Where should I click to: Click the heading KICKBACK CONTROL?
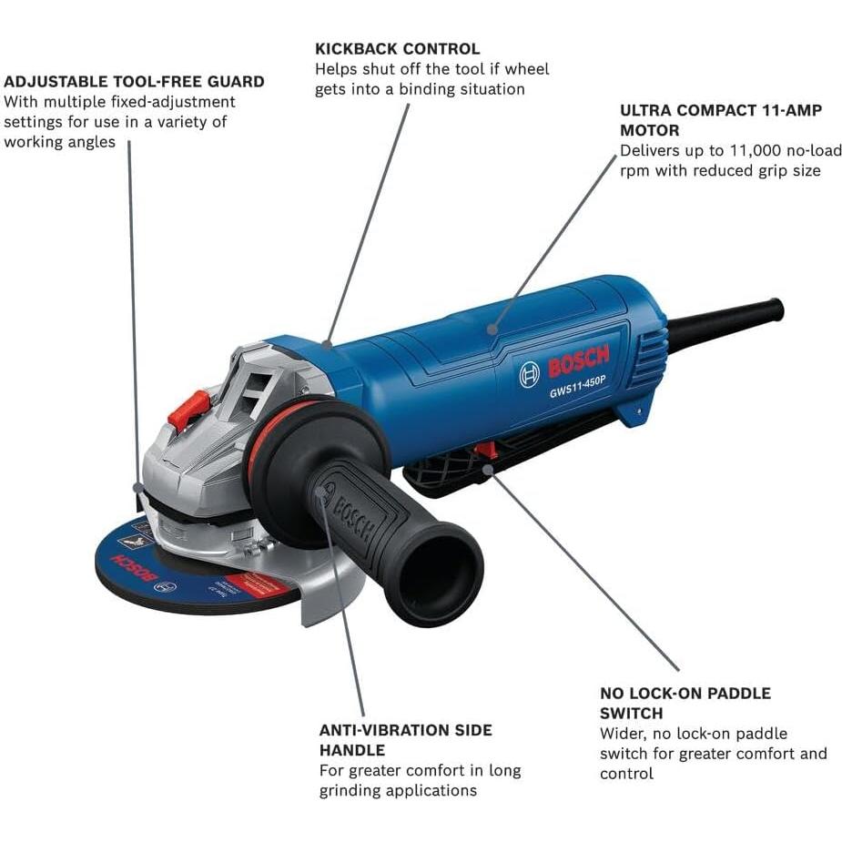(x=397, y=48)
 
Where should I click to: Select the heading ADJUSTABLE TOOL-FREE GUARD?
(x=134, y=81)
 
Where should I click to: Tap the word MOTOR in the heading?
(x=649, y=130)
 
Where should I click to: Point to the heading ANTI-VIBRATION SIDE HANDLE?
(x=405, y=740)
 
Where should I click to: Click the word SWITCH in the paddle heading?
(x=631, y=713)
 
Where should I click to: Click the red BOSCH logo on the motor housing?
(x=578, y=363)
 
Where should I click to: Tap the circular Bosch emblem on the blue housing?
(x=529, y=374)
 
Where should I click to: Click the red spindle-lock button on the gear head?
(x=189, y=410)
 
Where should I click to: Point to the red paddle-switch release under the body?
(x=486, y=450)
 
